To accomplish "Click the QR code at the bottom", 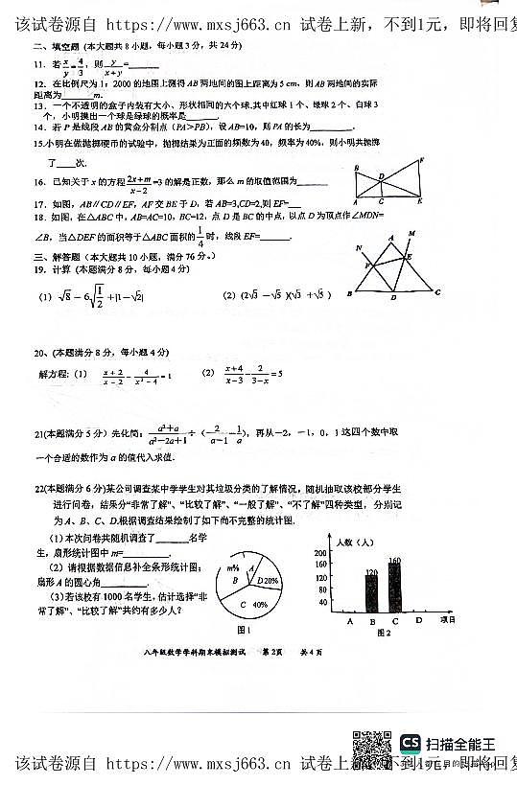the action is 371,745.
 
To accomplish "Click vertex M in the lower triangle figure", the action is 412,233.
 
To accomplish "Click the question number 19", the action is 39,270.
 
